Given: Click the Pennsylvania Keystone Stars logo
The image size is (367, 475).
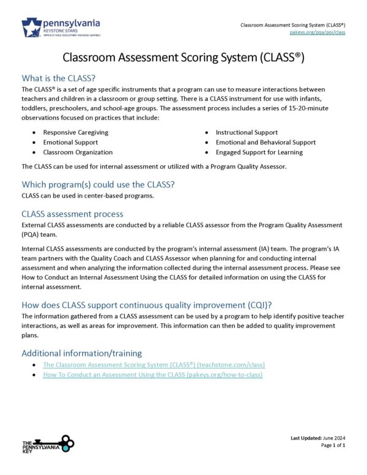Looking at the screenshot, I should click(61, 28).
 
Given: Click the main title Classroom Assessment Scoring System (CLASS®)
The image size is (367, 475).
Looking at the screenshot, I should click(183, 58).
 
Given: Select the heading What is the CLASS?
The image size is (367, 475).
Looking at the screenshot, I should click(59, 78).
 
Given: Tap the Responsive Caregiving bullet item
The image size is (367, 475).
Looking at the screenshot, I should click(76, 132).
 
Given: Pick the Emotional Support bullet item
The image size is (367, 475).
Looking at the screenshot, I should click(70, 142).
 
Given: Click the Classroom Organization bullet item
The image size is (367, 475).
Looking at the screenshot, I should click(78, 152).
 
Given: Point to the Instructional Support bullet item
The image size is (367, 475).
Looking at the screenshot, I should click(247, 132).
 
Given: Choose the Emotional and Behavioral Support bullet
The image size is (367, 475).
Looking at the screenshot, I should click(265, 142).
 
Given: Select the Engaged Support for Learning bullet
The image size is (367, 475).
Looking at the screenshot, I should click(259, 152).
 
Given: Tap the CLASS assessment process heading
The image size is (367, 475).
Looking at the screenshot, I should click(72, 214).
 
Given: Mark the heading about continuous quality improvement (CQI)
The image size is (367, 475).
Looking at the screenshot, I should click(147, 305).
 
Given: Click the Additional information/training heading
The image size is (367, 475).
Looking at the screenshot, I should click(81, 353).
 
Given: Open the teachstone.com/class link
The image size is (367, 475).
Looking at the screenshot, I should click(154, 365).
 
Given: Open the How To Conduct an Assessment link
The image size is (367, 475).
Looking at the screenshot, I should click(152, 375).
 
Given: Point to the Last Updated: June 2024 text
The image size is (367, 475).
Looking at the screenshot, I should click(318, 439).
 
